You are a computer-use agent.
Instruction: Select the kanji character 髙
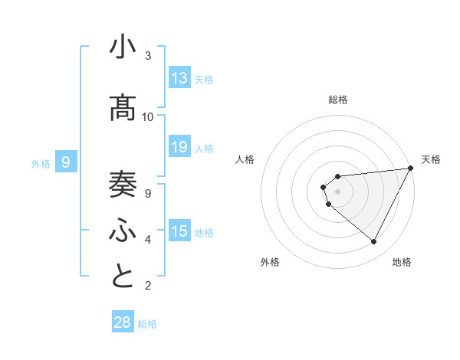[123, 109]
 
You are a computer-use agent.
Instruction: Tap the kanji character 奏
[123, 183]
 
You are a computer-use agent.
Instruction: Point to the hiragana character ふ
[123, 230]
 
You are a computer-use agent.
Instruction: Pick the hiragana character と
[123, 277]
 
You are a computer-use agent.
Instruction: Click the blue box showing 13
[179, 78]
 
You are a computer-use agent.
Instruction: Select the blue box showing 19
[179, 147]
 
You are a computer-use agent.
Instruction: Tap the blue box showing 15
[179, 231]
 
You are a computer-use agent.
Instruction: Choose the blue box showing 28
[123, 322]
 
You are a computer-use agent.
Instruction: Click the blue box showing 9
[66, 162]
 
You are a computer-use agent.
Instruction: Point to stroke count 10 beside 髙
[148, 117]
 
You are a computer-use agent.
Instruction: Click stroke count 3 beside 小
[148, 56]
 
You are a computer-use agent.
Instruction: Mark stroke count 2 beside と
[148, 286]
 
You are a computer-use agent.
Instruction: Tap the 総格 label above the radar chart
[338, 100]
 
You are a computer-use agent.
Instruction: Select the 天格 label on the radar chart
[431, 159]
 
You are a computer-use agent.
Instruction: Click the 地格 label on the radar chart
[402, 262]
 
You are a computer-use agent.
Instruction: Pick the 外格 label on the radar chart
[270, 262]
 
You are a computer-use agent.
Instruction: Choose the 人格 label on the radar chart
[245, 159]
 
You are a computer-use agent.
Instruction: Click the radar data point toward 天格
[410, 168]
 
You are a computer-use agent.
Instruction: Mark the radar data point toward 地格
[373, 242]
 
